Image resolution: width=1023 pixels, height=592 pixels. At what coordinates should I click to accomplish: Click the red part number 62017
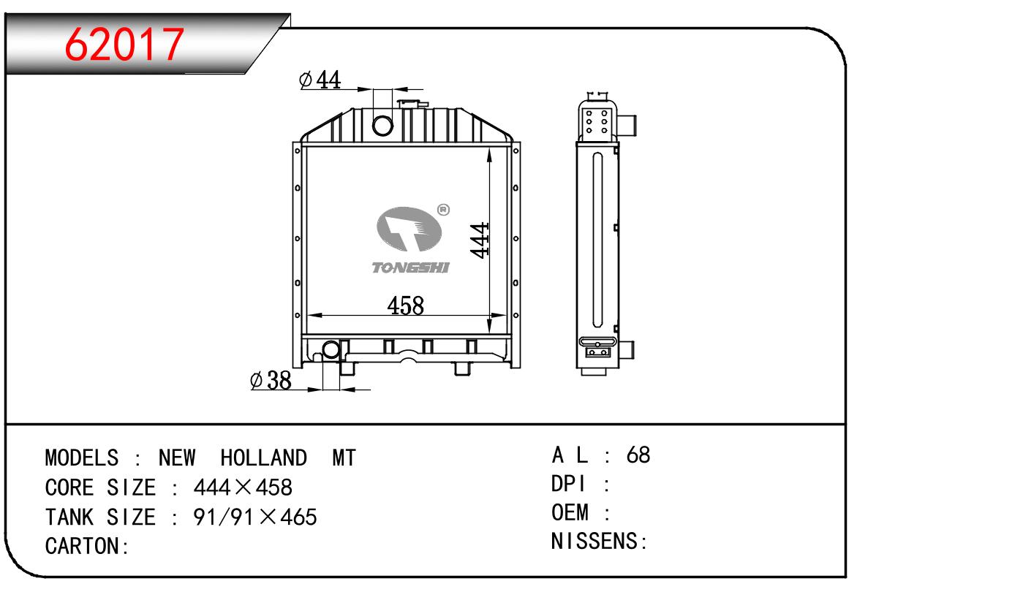click(x=124, y=44)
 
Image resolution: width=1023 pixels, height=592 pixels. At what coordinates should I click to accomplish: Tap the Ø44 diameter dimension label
click(x=320, y=80)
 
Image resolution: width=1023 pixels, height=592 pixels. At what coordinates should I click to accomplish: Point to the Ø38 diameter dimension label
click(x=271, y=380)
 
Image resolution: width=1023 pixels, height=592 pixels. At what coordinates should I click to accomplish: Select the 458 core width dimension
click(x=406, y=306)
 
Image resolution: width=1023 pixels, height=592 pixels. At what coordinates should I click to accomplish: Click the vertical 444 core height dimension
click(x=480, y=240)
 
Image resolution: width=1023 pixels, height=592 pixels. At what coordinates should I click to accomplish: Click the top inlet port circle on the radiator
click(x=382, y=126)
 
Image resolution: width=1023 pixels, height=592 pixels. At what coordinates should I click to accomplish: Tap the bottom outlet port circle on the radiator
click(x=331, y=350)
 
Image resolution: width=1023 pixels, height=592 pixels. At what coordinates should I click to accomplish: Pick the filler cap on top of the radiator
click(x=412, y=104)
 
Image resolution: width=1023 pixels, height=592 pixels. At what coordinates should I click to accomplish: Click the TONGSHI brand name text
click(x=410, y=267)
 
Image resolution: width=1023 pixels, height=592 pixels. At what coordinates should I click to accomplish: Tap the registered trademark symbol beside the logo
click(x=443, y=210)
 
